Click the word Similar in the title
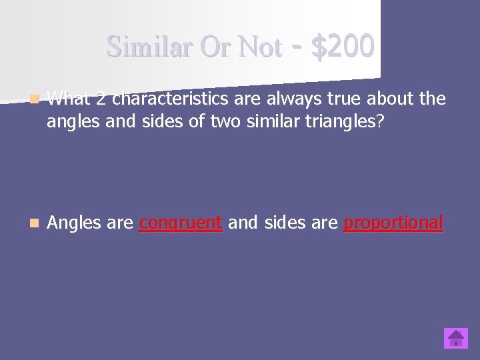pos(143,47)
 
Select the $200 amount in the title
pos(343,47)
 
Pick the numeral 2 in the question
pos(99,99)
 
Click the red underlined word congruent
pos(181,223)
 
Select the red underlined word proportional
pos(393,223)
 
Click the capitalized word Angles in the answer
pos(74,223)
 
